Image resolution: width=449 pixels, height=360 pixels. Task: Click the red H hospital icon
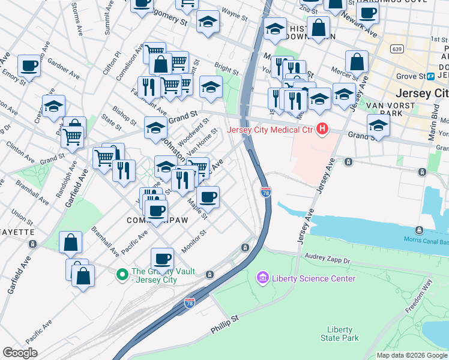pyautogui.click(x=323, y=128)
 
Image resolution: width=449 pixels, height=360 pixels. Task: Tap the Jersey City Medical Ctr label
pyautogui.click(x=270, y=129)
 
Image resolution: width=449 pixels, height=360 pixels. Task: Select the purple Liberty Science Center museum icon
pyautogui.click(x=262, y=278)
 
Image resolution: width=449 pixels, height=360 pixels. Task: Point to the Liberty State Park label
pyautogui.click(x=343, y=334)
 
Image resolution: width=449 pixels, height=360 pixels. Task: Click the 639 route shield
pyautogui.click(x=397, y=49)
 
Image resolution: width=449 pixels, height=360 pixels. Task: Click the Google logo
pyautogui.click(x=20, y=353)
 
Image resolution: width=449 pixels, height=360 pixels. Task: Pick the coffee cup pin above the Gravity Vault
pyautogui.click(x=162, y=259)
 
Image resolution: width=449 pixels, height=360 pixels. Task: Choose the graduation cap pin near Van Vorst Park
pyautogui.click(x=378, y=125)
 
